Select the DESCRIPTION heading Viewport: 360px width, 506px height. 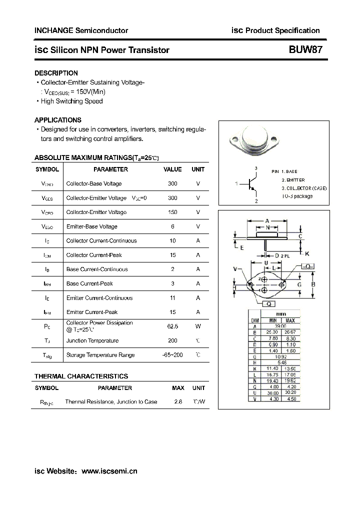(56, 73)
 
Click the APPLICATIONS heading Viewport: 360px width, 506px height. (57, 120)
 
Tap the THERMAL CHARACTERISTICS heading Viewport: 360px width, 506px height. (81, 376)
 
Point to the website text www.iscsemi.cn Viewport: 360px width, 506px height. (109, 471)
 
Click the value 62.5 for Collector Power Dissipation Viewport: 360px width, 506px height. (172, 326)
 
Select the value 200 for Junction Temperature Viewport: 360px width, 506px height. (172, 340)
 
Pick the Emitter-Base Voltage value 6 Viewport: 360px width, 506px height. (172, 226)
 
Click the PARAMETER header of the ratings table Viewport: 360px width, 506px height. (110, 169)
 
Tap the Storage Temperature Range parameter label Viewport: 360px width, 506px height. (100, 355)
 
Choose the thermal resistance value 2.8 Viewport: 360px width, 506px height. (178, 401)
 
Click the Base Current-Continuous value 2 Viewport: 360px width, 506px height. (172, 269)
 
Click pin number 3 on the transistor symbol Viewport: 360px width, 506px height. (255, 168)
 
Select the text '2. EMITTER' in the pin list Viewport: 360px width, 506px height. (293, 179)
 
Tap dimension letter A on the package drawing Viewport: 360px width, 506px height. (267, 220)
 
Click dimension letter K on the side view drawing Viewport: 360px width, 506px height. (307, 253)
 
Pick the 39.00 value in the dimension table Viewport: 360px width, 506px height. (281, 325)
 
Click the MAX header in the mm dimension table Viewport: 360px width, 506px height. (290, 320)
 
